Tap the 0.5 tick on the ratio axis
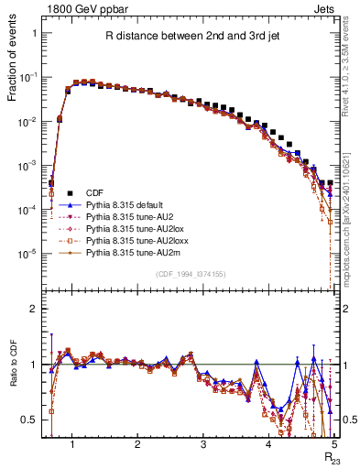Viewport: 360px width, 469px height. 30,420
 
